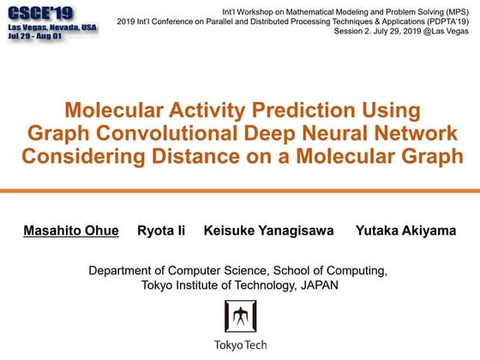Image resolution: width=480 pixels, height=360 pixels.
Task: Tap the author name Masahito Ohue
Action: [69, 231]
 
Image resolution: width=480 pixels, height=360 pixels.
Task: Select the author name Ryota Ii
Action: [161, 231]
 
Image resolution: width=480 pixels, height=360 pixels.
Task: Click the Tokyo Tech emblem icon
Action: [240, 318]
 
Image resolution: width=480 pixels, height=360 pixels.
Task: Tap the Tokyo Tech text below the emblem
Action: [240, 345]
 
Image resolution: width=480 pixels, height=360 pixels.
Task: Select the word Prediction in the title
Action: [297, 111]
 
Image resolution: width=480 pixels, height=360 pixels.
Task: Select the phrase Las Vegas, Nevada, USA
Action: [51, 28]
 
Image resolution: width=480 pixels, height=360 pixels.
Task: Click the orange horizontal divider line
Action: [240, 190]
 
